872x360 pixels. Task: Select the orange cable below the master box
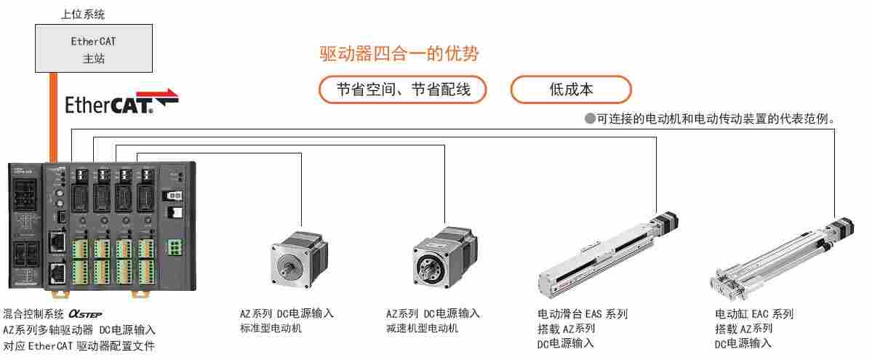point(54,116)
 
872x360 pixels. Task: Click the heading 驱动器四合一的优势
point(399,53)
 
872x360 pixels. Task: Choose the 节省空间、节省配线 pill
point(403,90)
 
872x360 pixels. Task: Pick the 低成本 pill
point(571,90)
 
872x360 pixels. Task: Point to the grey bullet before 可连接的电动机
point(590,119)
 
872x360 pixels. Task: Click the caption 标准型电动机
point(271,329)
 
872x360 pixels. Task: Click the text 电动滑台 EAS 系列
point(582,314)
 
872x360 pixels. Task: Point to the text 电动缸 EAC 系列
point(753,314)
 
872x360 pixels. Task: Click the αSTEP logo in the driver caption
point(85,314)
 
